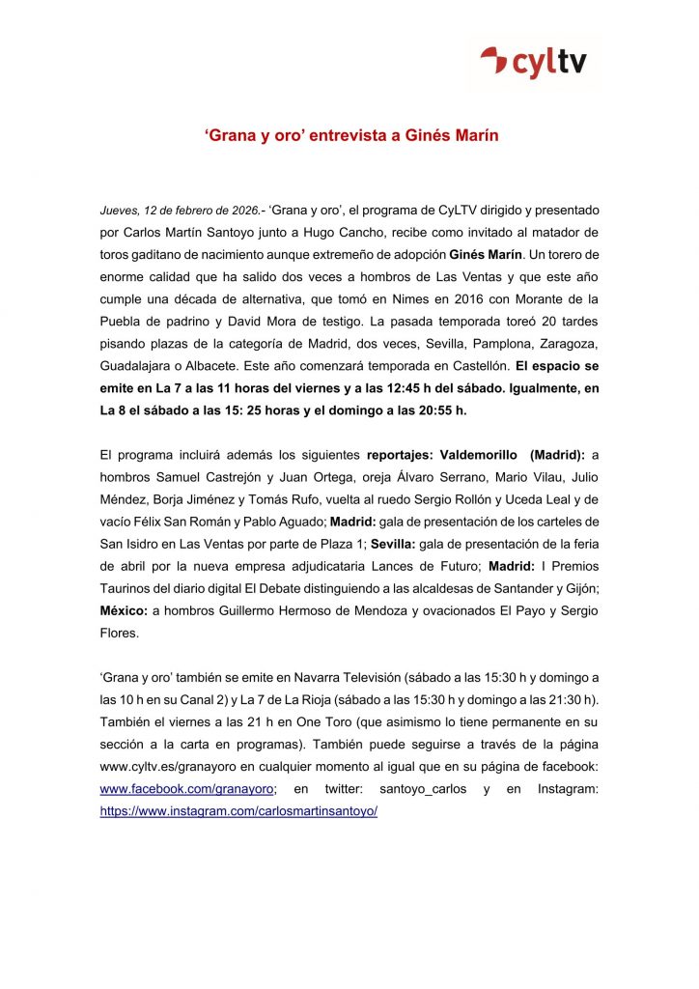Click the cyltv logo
click(540, 64)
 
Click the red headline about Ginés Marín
click(350, 136)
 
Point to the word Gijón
click(578, 588)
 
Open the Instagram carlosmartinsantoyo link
click(238, 811)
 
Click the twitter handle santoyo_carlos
click(423, 789)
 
